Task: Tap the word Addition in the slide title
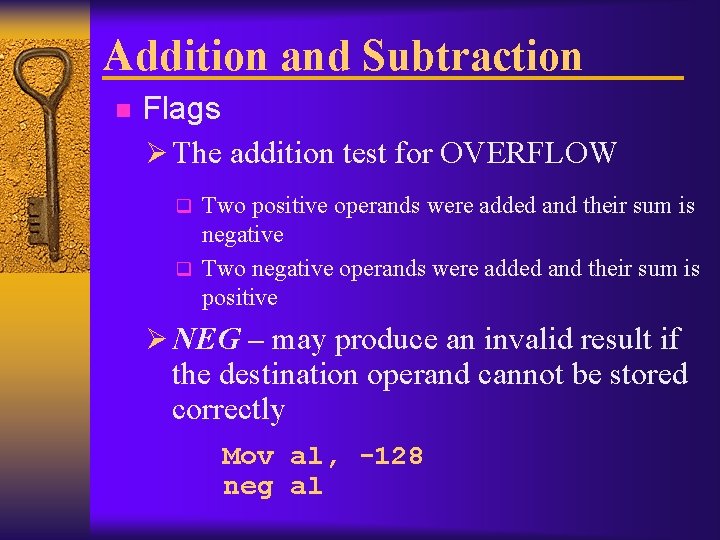point(187,55)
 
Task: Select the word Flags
point(182,109)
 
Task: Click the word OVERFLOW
point(528,153)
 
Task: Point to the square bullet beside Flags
point(122,110)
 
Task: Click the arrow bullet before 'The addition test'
point(156,153)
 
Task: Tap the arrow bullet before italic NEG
point(156,340)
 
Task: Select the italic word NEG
point(206,340)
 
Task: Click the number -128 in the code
point(390,457)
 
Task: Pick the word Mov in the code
point(247,457)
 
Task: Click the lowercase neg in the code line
point(247,487)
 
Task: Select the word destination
point(290,375)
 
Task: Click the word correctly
point(228,410)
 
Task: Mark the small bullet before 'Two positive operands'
point(183,208)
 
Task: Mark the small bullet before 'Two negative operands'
point(183,269)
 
